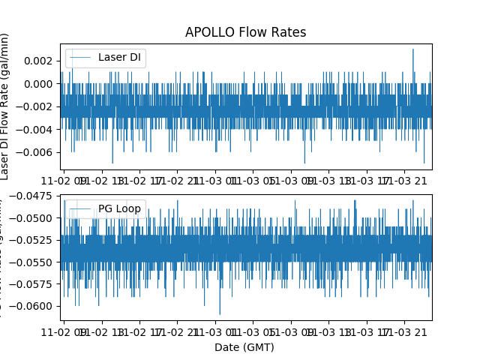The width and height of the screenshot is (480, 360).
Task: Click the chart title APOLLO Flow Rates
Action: (245, 32)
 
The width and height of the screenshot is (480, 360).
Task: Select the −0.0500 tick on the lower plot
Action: (34, 218)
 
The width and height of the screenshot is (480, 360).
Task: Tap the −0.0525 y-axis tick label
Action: (34, 240)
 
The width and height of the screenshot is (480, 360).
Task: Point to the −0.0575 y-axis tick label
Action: (34, 284)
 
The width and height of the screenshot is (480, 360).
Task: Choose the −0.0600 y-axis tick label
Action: (34, 306)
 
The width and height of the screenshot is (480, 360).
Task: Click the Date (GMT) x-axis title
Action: (244, 347)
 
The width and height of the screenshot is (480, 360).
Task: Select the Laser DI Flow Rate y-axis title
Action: (6, 106)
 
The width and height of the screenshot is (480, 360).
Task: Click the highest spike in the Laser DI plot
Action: (412, 50)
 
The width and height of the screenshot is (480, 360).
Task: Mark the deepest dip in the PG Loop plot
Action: (220, 313)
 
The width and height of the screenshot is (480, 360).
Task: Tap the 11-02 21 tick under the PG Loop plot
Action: (177, 330)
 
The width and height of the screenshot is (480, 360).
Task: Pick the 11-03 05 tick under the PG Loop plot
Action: (253, 330)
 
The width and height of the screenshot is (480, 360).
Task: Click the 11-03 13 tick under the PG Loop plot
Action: (328, 330)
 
